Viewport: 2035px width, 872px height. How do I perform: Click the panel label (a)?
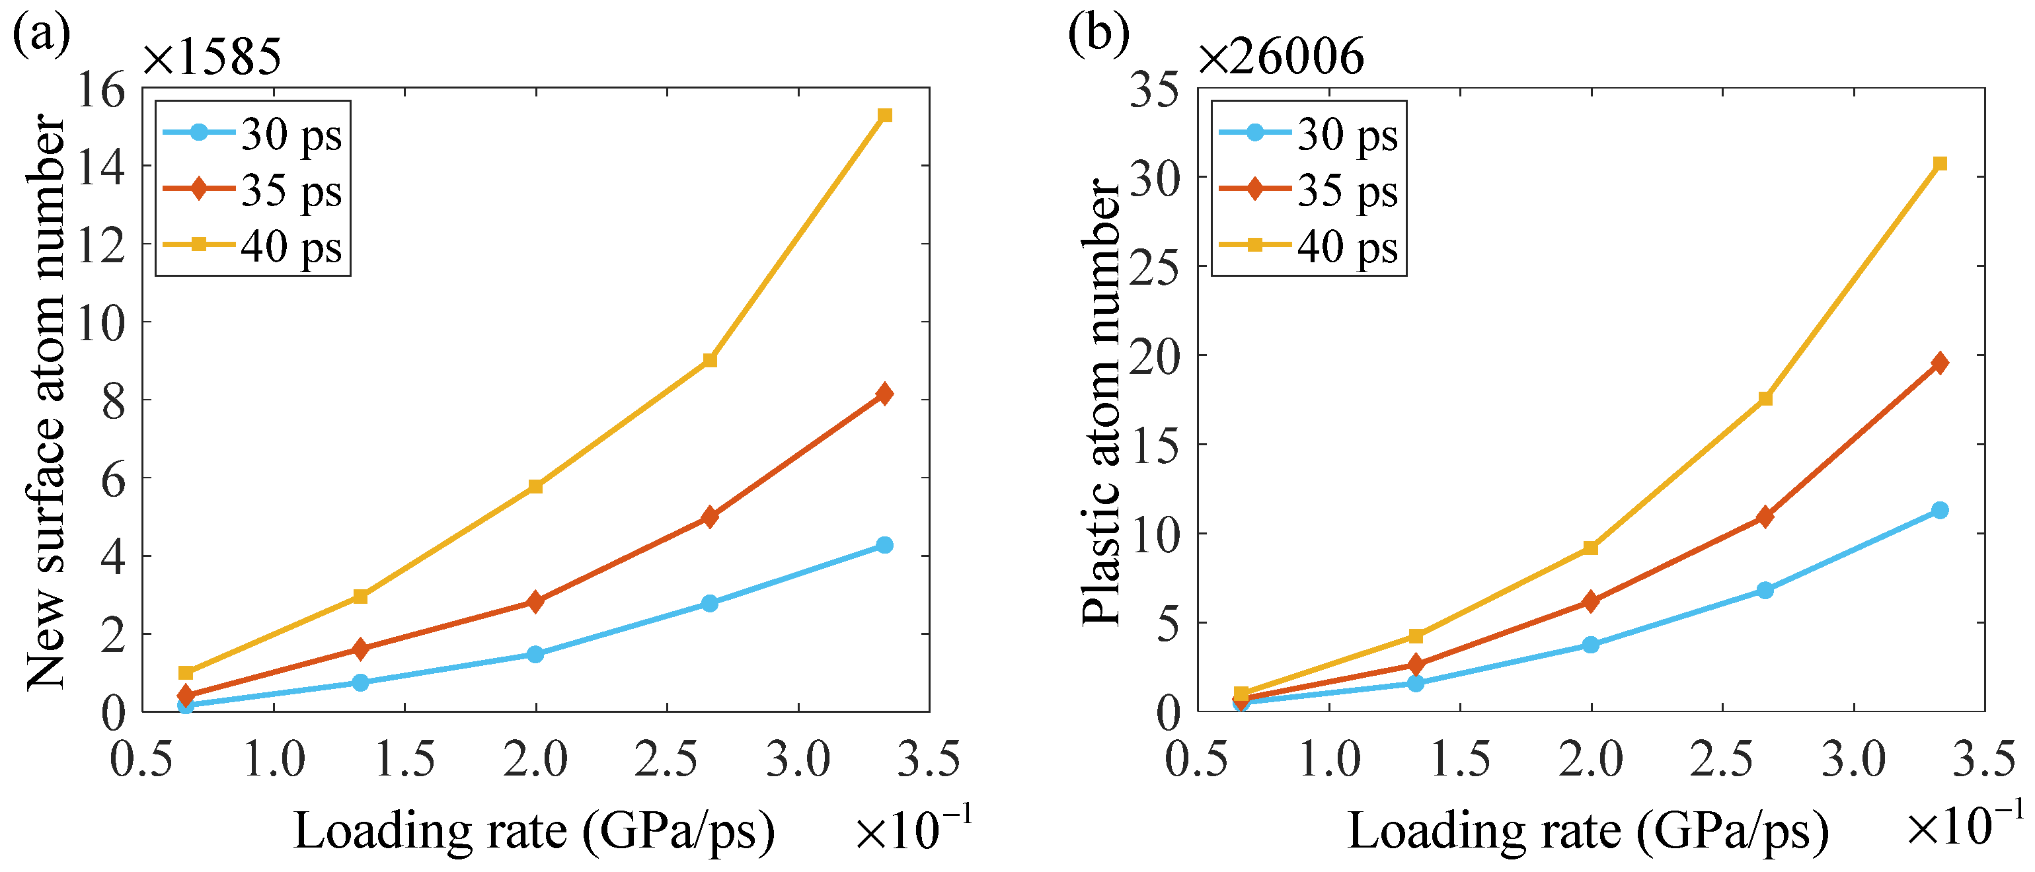tap(41, 35)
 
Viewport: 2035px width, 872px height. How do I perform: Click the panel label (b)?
tap(1098, 35)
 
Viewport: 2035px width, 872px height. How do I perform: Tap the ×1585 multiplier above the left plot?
tap(211, 57)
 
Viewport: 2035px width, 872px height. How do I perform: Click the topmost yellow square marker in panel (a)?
tap(885, 116)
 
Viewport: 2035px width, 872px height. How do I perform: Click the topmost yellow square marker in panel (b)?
tap(1939, 164)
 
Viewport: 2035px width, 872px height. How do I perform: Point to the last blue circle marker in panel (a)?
tap(885, 545)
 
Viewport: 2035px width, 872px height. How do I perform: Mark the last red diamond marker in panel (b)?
tap(1939, 363)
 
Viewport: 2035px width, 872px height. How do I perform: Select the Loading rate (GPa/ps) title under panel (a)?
tap(534, 832)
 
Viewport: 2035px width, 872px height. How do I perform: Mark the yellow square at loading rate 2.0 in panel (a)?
tap(535, 487)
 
